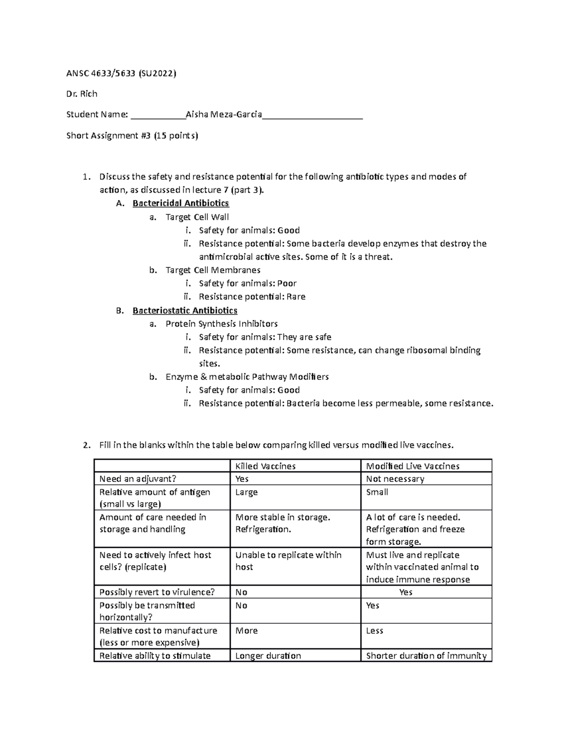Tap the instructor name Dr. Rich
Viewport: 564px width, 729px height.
82,94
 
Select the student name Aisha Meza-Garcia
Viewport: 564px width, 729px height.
224,114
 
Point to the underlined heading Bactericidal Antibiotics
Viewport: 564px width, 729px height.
180,203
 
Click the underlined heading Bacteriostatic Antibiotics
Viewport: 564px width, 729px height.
185,310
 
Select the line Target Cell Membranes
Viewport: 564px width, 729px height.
213,270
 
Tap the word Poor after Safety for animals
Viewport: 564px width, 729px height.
287,284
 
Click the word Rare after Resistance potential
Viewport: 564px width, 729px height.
296,297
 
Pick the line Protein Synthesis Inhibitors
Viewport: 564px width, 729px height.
221,324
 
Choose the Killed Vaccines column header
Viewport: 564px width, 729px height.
265,466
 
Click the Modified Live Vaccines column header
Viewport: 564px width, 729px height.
413,466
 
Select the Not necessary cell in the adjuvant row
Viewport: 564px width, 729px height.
395,479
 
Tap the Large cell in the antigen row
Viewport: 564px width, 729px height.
246,492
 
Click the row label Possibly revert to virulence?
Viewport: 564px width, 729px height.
157,592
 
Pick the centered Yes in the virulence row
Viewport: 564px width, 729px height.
406,592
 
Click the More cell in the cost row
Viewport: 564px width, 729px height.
246,630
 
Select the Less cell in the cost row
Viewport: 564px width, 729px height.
375,630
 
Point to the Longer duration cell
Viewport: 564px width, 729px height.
268,656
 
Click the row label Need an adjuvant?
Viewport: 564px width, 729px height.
138,479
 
